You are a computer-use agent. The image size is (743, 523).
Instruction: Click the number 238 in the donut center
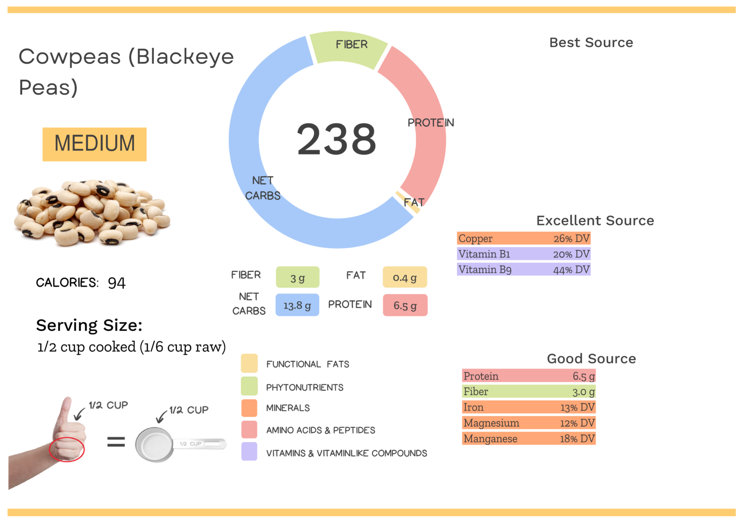click(x=336, y=139)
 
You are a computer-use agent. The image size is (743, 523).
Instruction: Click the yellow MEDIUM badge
click(x=94, y=144)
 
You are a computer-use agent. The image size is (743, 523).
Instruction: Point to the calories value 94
click(x=117, y=283)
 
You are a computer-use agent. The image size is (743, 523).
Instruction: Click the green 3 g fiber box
click(x=297, y=278)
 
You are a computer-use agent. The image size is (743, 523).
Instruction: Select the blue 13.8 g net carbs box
click(x=297, y=305)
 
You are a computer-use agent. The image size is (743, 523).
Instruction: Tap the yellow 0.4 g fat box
click(x=405, y=278)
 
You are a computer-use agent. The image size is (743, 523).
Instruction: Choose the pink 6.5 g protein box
click(x=405, y=305)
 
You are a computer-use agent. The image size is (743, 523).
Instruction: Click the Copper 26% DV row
click(x=523, y=239)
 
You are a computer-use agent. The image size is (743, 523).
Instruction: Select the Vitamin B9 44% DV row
click(x=523, y=269)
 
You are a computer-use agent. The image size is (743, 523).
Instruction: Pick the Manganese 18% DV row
click(x=528, y=439)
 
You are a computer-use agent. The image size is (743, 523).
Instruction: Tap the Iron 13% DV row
click(x=528, y=407)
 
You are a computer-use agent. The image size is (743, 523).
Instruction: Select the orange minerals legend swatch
click(x=249, y=407)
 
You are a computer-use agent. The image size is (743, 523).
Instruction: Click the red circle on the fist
click(x=67, y=449)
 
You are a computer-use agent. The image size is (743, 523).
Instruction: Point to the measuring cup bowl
click(x=154, y=444)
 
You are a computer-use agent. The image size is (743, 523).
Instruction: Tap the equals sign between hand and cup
click(x=116, y=441)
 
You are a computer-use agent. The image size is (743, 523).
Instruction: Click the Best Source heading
click(x=591, y=43)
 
